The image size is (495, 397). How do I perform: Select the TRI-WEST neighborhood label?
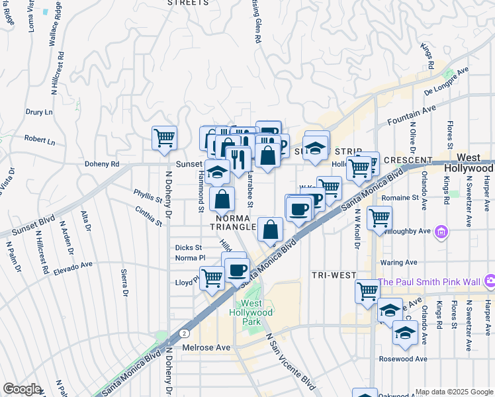pyautogui.click(x=334, y=275)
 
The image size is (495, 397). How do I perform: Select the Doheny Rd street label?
pyautogui.click(x=101, y=164)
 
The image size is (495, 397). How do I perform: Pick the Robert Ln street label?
pyautogui.click(x=39, y=140)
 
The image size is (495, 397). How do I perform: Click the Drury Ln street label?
pyautogui.click(x=39, y=112)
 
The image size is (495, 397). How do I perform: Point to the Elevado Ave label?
pyautogui.click(x=73, y=267)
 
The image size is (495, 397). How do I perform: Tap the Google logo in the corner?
pyautogui.click(x=22, y=389)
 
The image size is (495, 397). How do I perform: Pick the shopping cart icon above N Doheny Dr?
pyautogui.click(x=164, y=138)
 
